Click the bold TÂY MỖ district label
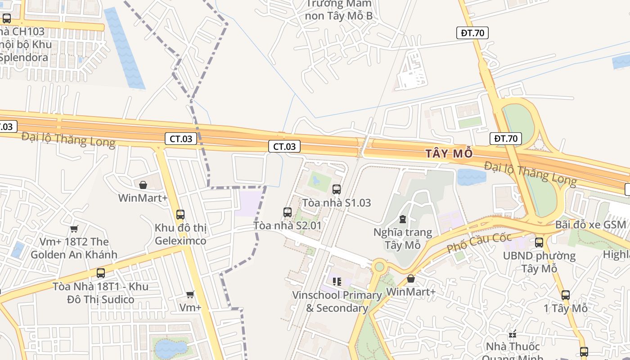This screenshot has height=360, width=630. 449,154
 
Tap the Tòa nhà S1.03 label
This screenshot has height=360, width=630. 337,203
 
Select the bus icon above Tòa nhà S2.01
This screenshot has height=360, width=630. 288,212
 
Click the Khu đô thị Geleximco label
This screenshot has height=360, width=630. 180,234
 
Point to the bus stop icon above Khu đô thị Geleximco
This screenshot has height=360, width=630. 180,214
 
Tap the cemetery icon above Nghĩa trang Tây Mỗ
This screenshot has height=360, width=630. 402,219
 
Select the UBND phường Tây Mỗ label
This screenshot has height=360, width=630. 539,262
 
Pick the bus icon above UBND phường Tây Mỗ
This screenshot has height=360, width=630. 539,243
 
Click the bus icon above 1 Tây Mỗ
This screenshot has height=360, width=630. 566,295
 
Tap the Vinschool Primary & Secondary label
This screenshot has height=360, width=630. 337,301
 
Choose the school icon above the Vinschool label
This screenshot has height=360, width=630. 337,282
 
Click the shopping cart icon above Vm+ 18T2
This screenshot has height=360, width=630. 74,229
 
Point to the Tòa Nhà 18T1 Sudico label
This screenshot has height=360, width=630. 100,293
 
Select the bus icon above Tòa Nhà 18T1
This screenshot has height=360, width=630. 101,273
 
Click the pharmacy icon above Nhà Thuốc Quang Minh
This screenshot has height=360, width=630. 512,334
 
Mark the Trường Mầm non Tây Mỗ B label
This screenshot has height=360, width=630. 339,10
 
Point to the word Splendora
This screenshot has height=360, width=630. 25,58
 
